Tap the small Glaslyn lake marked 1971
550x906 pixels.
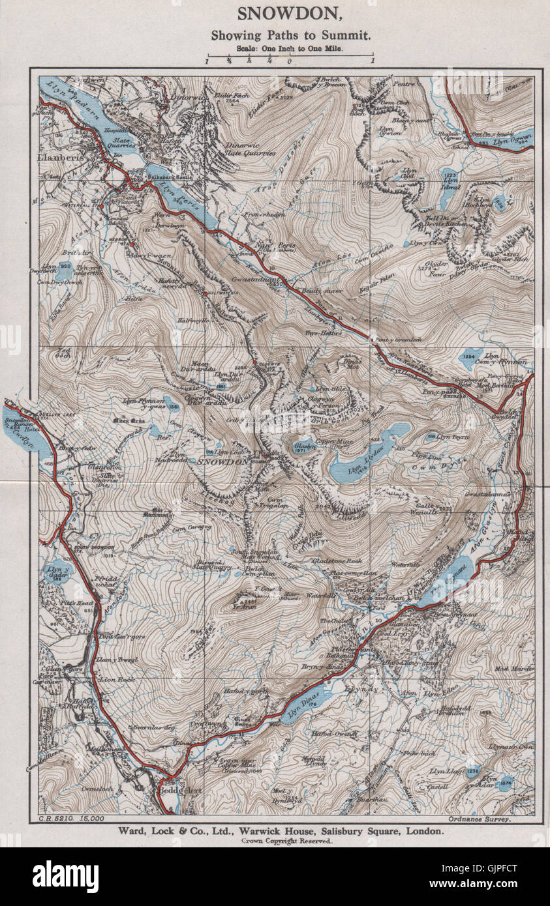pos(301,448)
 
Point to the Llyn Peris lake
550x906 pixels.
pos(176,196)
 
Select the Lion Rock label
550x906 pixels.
pos(115,679)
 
